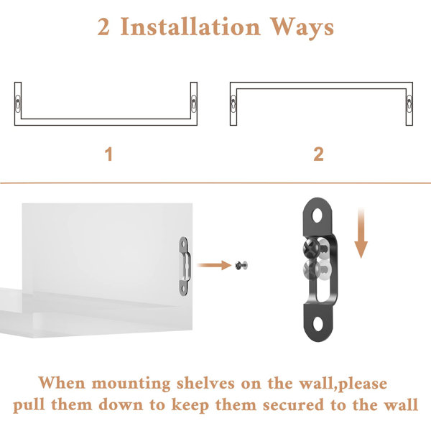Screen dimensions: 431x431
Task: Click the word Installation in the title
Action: [190, 27]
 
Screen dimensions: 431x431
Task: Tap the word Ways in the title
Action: [302, 28]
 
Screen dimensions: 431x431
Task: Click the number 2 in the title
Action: [103, 27]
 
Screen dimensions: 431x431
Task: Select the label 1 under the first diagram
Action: [109, 154]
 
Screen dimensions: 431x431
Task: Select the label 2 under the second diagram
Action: [318, 154]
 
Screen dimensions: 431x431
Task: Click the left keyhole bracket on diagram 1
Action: [18, 103]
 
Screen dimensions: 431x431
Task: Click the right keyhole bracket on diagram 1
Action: [194, 103]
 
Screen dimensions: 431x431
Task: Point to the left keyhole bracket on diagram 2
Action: [233, 103]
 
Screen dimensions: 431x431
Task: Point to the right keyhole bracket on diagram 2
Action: [409, 103]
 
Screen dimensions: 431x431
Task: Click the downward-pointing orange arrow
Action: [361, 233]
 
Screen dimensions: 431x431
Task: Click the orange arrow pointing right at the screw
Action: [214, 265]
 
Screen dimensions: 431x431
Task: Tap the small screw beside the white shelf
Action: [241, 265]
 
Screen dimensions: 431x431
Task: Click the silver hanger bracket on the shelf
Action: [184, 266]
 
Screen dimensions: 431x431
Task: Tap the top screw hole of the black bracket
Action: [318, 215]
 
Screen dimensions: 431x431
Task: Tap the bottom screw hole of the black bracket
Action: [318, 324]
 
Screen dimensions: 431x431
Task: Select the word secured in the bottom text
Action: [294, 405]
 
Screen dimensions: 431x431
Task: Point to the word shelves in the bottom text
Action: [206, 383]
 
